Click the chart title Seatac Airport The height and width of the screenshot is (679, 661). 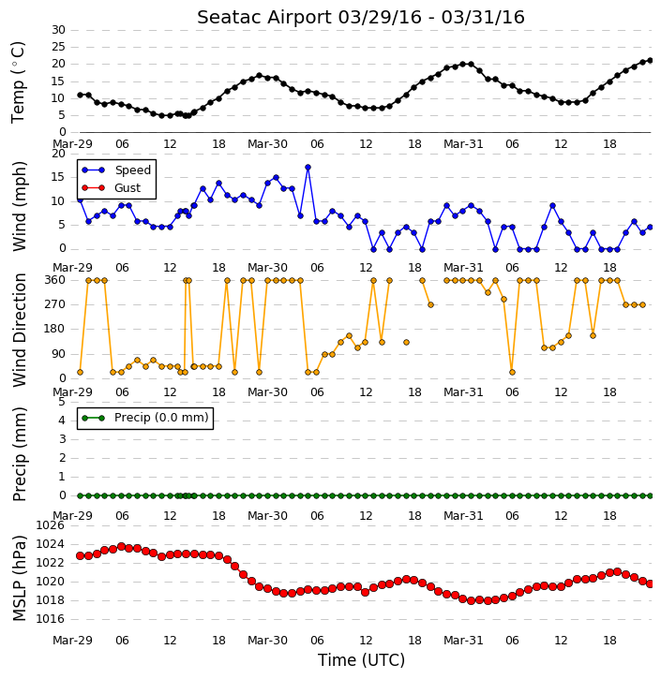(264, 18)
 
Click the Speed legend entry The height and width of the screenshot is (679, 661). (116, 170)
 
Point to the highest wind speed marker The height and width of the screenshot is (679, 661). (308, 167)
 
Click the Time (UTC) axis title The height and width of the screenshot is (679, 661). (361, 660)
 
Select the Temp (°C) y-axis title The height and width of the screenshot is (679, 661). (18, 82)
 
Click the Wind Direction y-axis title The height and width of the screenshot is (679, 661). (19, 330)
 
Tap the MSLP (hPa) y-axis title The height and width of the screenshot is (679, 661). (19, 578)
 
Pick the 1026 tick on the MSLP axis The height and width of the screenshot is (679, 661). (51, 525)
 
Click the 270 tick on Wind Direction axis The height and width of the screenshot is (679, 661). (55, 304)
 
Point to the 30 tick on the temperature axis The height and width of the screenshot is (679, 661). (58, 30)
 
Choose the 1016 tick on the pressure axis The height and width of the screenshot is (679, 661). (51, 619)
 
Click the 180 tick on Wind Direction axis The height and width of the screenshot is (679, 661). (55, 329)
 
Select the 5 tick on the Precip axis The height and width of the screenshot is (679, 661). (62, 403)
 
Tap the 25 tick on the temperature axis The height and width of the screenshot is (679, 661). (58, 47)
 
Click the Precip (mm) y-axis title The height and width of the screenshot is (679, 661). (19, 454)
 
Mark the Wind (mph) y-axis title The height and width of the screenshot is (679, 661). (19, 206)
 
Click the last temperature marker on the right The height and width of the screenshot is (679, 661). (650, 61)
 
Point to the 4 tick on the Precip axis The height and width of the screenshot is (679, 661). (62, 421)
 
